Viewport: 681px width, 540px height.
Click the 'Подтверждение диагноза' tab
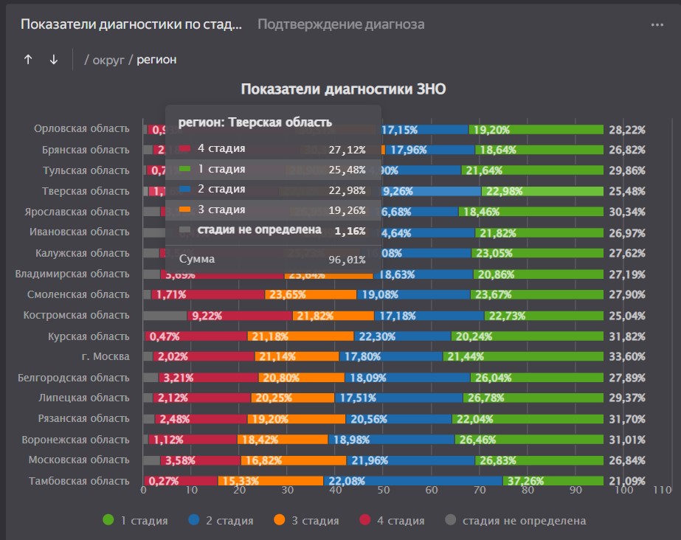[341, 24]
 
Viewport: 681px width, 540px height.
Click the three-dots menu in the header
[657, 24]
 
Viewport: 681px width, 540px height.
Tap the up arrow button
[28, 60]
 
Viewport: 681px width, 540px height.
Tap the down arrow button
[53, 60]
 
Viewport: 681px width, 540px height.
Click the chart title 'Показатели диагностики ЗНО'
[343, 89]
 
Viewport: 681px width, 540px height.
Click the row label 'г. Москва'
[108, 356]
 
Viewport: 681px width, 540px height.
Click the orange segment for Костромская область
[333, 316]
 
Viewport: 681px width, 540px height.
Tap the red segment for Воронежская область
[192, 440]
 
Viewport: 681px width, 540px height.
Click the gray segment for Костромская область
[165, 316]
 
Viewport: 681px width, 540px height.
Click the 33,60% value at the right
[626, 356]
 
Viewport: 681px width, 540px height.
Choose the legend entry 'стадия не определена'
[516, 521]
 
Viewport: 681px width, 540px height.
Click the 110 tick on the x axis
[663, 490]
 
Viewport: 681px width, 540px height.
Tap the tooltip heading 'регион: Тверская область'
[255, 122]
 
